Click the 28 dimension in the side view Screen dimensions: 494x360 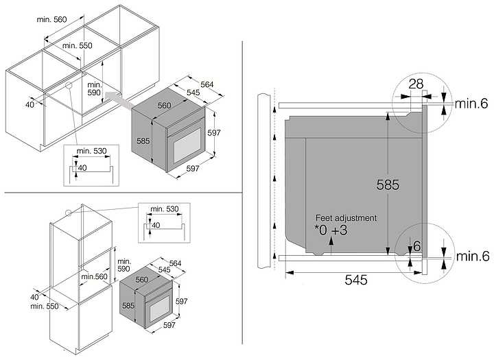pos(416,84)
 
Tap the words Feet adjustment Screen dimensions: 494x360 pos(346,218)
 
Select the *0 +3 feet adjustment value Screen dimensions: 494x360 pos(331,230)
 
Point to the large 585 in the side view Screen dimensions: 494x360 pos(388,185)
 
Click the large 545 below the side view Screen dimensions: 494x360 pos(356,280)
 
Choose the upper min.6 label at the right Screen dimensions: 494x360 pos(471,104)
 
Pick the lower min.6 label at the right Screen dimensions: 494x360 pos(473,256)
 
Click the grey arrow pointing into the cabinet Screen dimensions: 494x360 pos(119,100)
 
